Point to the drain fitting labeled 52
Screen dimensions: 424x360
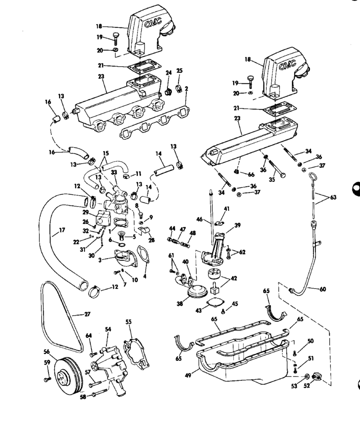[x=317, y=377]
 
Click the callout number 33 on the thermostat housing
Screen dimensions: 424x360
[x=114, y=173]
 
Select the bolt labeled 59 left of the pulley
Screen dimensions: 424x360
[x=46, y=379]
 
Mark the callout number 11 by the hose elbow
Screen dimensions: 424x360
[x=139, y=173]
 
